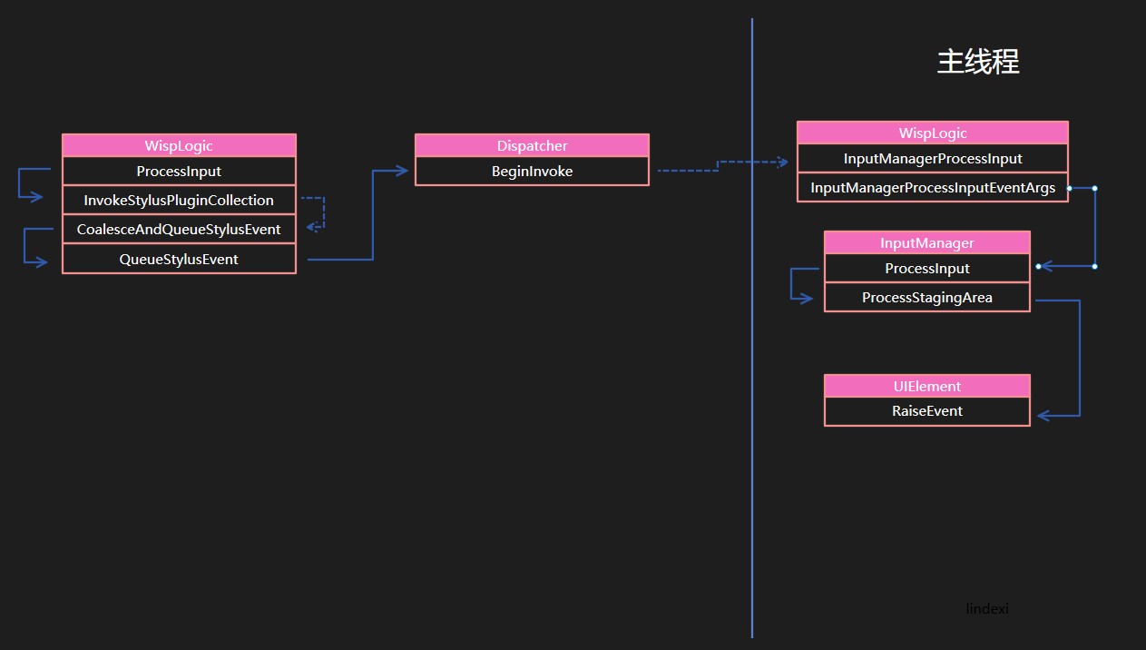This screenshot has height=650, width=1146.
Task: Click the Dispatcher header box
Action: coord(532,145)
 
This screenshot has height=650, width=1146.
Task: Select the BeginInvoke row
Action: coord(532,171)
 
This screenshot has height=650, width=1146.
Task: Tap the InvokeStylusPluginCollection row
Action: coord(179,200)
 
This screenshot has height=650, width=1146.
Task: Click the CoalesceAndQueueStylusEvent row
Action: coord(179,230)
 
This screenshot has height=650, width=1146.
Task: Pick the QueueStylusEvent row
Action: coord(179,259)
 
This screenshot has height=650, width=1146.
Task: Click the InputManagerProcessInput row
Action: coord(933,159)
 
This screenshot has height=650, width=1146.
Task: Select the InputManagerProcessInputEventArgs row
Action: coord(933,188)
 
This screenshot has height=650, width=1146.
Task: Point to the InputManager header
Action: coord(927,242)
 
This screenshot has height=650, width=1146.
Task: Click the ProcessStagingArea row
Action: coord(927,298)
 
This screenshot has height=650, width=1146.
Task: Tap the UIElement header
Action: coord(927,386)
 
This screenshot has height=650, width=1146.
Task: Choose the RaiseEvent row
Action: coord(927,411)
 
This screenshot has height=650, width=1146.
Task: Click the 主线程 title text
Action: coord(978,62)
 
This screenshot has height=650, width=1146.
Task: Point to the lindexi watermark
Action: coord(987,608)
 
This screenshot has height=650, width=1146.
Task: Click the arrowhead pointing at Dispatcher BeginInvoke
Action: coord(403,171)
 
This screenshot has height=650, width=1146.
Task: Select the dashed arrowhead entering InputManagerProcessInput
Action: coord(783,162)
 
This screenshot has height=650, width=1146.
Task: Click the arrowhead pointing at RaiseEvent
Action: coord(1043,416)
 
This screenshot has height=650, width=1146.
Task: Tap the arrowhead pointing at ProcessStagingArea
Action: coord(807,299)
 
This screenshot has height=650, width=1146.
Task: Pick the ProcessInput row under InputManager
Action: coord(927,268)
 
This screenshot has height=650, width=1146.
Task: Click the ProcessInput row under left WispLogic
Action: coord(179,171)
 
